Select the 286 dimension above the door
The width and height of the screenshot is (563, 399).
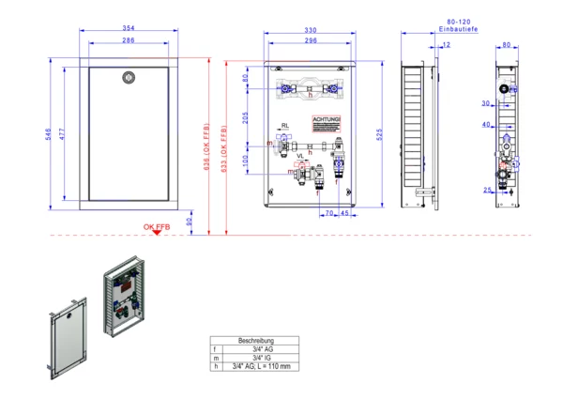(x=128, y=41)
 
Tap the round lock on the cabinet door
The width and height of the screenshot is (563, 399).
(x=128, y=78)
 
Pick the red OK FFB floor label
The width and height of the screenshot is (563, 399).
(x=157, y=227)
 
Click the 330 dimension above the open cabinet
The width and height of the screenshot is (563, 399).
(x=310, y=31)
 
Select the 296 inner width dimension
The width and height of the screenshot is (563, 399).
(x=310, y=41)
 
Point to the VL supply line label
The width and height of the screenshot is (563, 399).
(x=300, y=156)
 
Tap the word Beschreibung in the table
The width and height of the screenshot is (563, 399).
(x=256, y=340)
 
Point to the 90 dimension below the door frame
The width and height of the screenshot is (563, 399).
(x=189, y=223)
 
